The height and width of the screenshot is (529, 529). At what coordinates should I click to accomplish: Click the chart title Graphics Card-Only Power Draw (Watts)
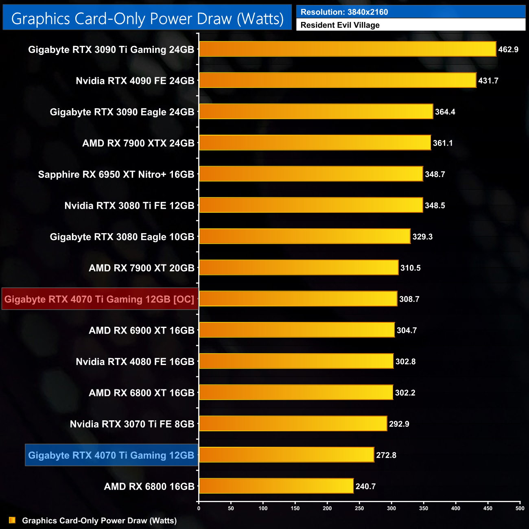(147, 19)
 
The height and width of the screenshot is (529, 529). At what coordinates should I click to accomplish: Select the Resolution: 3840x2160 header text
(344, 12)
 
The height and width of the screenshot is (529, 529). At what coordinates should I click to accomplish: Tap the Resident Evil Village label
(340, 25)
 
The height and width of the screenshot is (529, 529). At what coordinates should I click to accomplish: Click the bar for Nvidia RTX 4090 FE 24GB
(337, 80)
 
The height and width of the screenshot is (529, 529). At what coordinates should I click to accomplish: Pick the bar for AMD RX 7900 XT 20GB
(298, 267)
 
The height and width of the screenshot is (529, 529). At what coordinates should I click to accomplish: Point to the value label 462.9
(508, 50)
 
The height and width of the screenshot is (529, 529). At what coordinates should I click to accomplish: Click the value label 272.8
(386, 455)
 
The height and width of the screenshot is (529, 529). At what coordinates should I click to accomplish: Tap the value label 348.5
(435, 205)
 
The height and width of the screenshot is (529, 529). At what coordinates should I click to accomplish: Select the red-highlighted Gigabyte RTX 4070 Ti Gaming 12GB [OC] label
(100, 299)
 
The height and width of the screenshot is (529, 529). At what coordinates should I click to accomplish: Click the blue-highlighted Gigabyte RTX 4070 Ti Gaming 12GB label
(111, 455)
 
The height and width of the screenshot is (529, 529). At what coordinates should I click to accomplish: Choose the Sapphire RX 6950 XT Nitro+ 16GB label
(116, 175)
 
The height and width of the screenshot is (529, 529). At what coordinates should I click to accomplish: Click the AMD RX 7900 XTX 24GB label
(138, 143)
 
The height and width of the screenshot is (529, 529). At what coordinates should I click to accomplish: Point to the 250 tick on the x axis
(359, 508)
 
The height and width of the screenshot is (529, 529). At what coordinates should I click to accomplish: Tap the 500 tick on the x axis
(520, 508)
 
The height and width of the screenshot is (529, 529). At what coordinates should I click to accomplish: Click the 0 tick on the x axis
(199, 508)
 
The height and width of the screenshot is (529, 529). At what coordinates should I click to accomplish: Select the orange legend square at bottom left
(12, 520)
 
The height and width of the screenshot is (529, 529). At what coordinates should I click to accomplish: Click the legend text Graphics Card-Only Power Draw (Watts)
(99, 520)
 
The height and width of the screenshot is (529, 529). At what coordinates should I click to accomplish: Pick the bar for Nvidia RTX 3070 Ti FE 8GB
(293, 424)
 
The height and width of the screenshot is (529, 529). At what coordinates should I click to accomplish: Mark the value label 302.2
(405, 393)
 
